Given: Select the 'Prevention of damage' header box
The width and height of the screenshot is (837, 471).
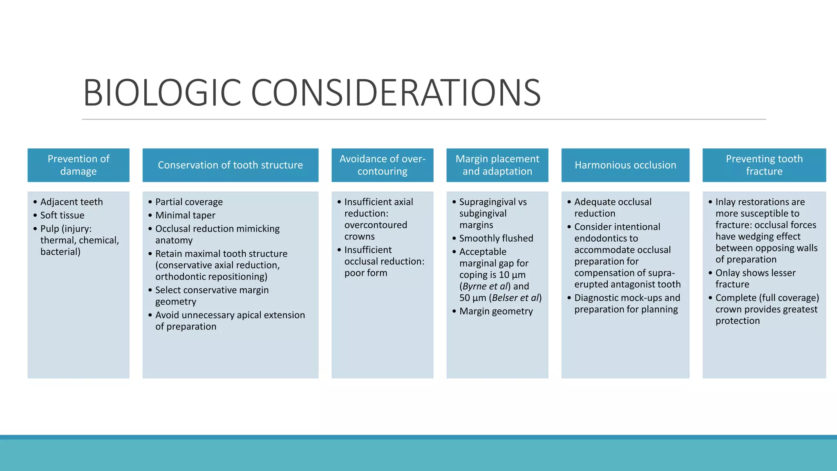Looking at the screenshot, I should coord(78,165).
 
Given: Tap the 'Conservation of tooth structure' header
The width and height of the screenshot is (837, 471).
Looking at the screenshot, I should coord(231,165).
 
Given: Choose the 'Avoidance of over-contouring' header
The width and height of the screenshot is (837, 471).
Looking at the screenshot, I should coord(383,165).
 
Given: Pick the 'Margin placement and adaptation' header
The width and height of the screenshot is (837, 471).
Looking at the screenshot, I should coord(497,165).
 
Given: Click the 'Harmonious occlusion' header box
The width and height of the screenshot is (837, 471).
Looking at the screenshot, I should coord(625,165).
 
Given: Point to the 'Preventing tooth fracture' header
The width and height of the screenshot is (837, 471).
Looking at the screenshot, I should coord(764,165).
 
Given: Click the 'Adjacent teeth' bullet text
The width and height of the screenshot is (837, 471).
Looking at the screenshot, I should coord(72,202).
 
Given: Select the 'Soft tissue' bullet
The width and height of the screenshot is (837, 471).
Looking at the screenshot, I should coord(62,215).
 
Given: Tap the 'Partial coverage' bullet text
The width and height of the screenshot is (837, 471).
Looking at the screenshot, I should coord(189,202).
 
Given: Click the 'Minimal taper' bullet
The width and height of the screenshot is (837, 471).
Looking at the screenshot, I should coord(185,215).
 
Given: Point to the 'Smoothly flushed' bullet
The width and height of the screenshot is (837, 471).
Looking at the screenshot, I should coord(496,238).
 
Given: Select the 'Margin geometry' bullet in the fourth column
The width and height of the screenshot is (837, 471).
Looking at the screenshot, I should coord(496,312).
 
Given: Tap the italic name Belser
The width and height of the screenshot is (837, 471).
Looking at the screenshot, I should coord(506,298).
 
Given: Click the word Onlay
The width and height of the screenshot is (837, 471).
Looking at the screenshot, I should coord(728,273).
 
